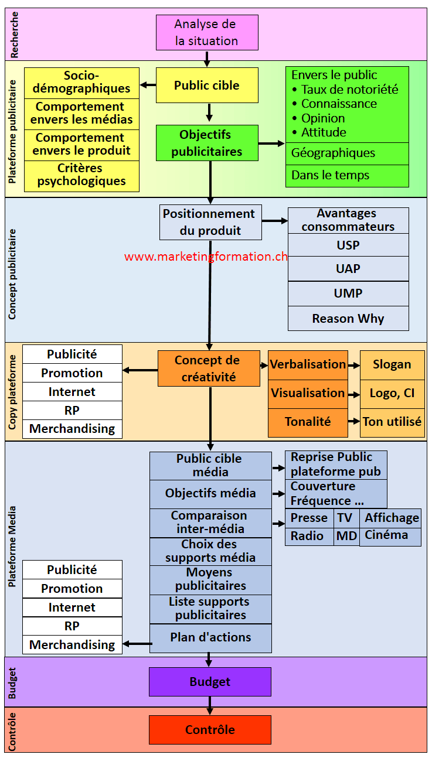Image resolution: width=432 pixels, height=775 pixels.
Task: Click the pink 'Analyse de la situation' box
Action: (207, 33)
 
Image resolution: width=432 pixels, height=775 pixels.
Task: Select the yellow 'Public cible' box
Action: (207, 86)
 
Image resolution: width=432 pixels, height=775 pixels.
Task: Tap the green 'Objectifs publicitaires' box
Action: (207, 143)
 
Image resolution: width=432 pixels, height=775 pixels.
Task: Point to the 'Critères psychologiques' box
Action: (81, 175)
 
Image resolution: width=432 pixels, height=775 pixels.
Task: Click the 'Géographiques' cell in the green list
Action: (347, 153)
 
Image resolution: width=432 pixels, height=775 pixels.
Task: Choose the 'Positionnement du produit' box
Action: (210, 222)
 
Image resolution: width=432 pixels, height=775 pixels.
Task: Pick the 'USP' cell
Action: (348, 245)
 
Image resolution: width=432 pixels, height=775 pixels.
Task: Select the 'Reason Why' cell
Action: (348, 319)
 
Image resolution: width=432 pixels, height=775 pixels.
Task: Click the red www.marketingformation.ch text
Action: (206, 257)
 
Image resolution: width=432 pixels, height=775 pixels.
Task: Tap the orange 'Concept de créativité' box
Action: (209, 368)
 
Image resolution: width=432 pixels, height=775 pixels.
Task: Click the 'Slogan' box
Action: (392, 364)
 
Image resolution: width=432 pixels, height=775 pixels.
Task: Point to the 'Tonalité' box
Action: (308, 422)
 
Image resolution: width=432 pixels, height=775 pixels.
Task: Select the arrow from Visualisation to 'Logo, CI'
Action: (353, 394)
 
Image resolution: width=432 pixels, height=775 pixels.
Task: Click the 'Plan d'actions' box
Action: (210, 638)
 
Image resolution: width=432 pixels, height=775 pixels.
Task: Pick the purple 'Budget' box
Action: (210, 682)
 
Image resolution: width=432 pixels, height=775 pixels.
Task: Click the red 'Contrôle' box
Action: (210, 730)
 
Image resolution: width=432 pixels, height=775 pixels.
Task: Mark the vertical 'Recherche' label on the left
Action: (15, 35)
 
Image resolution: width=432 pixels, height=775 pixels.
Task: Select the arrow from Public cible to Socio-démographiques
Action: (148, 85)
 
